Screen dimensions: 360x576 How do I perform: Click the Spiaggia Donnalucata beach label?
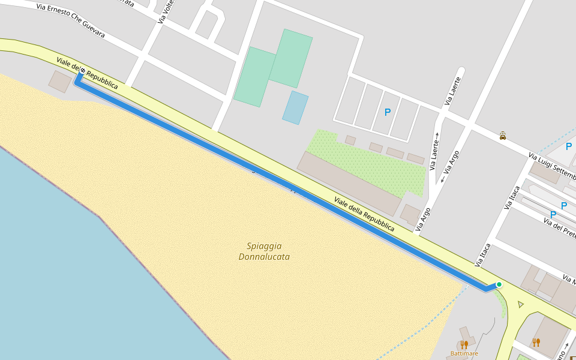264,251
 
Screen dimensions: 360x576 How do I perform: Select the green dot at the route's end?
499,284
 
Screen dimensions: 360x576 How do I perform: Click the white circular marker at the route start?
82,71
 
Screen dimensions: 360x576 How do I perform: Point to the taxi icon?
502,136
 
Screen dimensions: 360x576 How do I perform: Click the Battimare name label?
464,354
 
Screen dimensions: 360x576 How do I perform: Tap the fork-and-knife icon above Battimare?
464,344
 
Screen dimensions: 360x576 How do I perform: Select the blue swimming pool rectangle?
295,108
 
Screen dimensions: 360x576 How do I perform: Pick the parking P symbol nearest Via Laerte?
388,112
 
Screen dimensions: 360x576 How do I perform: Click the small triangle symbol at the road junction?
520,305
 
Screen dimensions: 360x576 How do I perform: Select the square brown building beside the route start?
60,82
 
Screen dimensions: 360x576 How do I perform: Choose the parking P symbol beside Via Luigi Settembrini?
568,146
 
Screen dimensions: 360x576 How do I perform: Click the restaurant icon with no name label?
536,342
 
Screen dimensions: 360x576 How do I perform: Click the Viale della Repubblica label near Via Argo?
364,215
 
